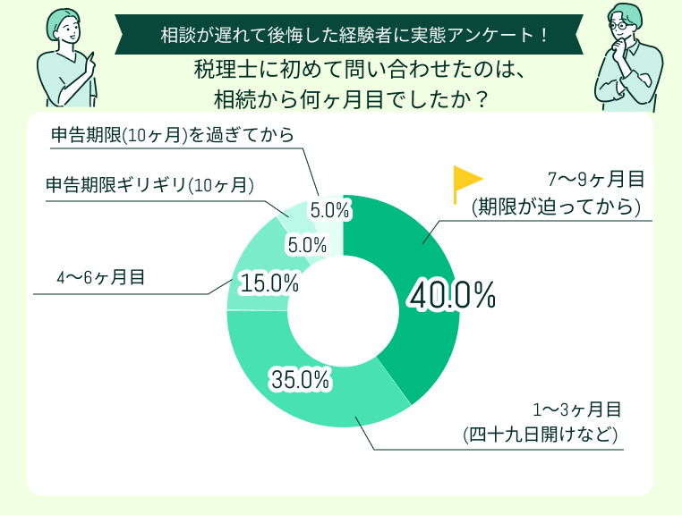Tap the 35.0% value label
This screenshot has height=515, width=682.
pyautogui.click(x=300, y=380)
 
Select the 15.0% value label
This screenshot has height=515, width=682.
pyautogui.click(x=269, y=284)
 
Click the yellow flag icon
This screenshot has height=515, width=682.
pyautogui.click(x=465, y=183)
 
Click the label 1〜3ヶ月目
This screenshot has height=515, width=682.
pyautogui.click(x=576, y=410)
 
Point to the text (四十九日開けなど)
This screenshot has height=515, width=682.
pyautogui.click(x=541, y=436)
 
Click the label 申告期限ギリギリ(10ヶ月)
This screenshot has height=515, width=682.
pyautogui.click(x=150, y=186)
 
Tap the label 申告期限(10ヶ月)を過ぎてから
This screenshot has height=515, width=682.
pyautogui.click(x=171, y=135)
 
